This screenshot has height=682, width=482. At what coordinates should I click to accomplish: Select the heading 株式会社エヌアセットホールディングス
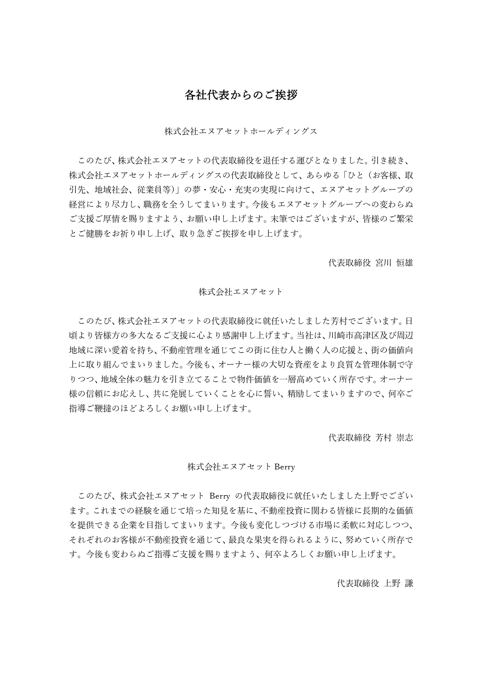[241, 131]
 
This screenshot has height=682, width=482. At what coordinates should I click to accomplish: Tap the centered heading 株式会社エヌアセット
[241, 292]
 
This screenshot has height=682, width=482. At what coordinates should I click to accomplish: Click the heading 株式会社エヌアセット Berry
[241, 467]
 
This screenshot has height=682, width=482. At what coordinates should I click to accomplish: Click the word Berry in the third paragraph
[220, 496]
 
